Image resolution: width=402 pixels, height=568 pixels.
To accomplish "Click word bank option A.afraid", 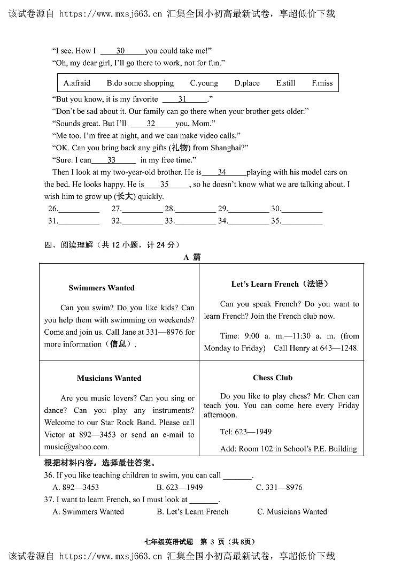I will click(x=76, y=83).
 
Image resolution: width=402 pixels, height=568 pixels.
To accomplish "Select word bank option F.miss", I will click(x=322, y=83).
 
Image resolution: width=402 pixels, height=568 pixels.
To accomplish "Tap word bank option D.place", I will click(x=246, y=83).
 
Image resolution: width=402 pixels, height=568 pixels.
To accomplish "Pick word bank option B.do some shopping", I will click(x=140, y=83).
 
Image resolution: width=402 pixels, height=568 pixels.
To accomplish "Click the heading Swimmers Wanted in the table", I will click(x=102, y=288).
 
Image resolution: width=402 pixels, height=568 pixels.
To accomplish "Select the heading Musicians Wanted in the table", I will click(x=109, y=378).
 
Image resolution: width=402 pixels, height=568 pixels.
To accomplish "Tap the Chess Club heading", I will click(x=273, y=378).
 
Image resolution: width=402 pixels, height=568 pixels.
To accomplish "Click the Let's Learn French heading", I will click(x=280, y=284).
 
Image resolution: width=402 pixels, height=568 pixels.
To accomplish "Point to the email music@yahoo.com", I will click(x=76, y=447).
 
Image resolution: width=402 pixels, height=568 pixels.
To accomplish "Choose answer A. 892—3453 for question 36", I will click(x=75, y=487).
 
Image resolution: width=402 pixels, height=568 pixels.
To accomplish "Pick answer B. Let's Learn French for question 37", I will click(x=192, y=512).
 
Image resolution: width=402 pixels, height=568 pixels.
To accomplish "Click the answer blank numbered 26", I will click(x=79, y=209).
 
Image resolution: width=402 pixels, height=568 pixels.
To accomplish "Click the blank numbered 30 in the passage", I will click(x=122, y=51).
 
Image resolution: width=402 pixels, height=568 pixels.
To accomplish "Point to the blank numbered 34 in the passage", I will click(x=223, y=173).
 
